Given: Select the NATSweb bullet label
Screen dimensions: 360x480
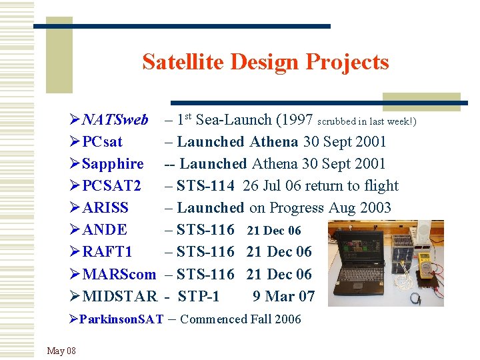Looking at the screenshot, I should point(115,120).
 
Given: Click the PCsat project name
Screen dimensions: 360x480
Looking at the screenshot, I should point(103,142).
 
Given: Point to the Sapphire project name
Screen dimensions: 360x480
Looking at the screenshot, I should point(113,164).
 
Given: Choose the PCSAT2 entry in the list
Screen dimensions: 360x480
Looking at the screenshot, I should point(111,186).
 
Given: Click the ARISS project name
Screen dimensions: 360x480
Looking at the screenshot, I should point(105,208).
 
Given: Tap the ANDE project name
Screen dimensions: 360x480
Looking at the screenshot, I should point(105,230).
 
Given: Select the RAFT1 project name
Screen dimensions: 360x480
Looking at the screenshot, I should point(107,252).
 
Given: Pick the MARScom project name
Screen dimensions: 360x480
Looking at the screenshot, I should point(119,274).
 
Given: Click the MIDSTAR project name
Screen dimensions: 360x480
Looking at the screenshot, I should point(119,296).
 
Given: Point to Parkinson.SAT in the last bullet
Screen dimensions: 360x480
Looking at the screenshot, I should point(121,319).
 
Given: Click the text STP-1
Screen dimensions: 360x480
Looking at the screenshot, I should point(199,296).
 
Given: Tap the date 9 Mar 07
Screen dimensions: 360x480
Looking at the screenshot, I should point(283,296).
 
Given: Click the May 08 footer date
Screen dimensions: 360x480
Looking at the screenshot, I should point(61,351).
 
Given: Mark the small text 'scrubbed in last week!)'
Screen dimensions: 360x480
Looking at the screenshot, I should point(367,122).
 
